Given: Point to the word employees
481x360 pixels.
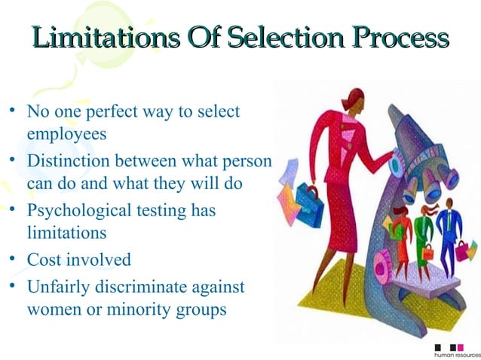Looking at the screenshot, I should [x=66, y=134].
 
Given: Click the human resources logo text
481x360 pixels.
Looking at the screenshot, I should [x=457, y=353].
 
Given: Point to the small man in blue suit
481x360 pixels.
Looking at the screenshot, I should [x=449, y=233].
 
